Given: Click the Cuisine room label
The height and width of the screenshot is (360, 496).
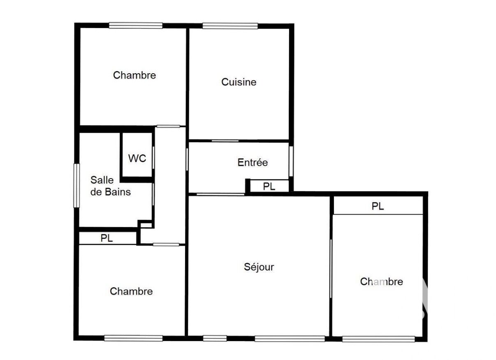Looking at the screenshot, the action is click(239, 82).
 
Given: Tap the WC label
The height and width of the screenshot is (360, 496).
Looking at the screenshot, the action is click(137, 158).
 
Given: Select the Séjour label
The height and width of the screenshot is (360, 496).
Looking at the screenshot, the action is click(259, 267).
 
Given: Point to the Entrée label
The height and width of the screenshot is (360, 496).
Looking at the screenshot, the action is click(253, 163).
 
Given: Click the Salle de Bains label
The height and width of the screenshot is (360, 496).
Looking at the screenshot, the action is click(111, 186).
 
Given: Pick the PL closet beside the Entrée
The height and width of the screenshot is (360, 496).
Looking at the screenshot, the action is click(269, 186).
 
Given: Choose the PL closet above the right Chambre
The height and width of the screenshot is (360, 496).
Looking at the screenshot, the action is click(378, 205).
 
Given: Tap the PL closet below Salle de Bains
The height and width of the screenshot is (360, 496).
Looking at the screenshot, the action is click(108, 238).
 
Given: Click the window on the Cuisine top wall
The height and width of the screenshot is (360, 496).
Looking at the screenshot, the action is click(230, 26).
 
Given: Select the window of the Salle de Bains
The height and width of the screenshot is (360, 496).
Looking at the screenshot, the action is click(76, 186).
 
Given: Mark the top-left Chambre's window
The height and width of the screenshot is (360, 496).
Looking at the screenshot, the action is click(136, 26).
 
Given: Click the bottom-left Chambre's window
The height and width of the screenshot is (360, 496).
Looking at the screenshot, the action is click(133, 338).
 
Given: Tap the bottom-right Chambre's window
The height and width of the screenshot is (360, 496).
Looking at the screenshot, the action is click(378, 339).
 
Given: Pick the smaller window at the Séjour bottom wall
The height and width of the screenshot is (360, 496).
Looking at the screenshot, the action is click(215, 339).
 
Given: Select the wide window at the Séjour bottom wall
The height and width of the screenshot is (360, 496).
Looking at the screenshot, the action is click(290, 339).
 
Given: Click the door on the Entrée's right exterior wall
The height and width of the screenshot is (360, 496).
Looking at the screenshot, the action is click(291, 162).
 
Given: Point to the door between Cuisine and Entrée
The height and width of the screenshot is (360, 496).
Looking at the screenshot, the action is click(225, 141).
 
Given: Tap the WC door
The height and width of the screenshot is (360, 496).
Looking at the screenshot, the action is click(153, 158).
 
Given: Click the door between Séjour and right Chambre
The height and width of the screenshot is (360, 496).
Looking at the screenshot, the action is click(331, 269).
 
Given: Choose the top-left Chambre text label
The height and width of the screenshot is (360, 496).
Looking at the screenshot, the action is click(134, 75).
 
